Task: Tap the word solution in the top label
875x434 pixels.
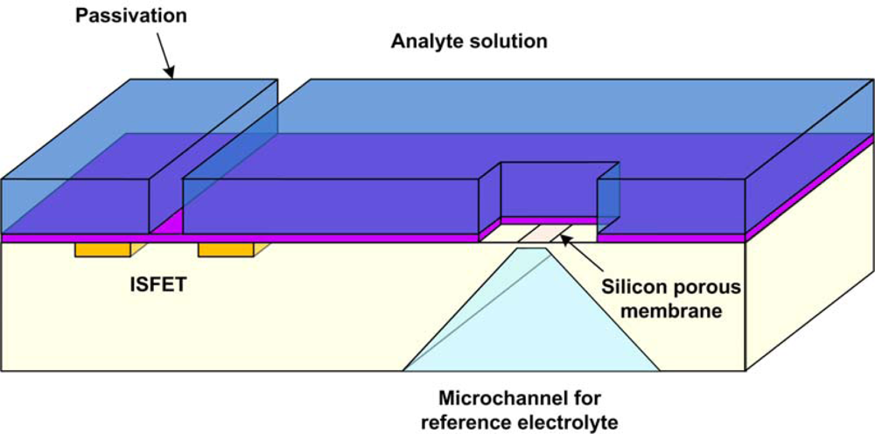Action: (505, 41)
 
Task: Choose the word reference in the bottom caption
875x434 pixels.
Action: (471, 421)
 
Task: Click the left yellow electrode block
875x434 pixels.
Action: (102, 249)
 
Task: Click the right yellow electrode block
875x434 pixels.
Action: (226, 249)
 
